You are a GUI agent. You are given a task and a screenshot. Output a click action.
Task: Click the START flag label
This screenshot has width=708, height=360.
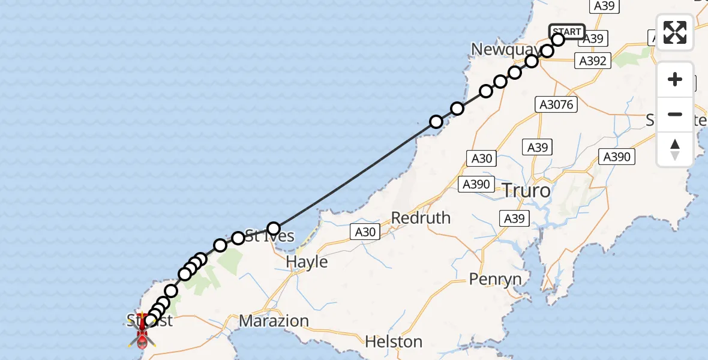(x=566, y=32)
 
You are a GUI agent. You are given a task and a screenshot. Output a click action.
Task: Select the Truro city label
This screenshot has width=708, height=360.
(x=526, y=191)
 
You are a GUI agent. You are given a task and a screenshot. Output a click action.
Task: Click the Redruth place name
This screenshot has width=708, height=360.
(x=421, y=218)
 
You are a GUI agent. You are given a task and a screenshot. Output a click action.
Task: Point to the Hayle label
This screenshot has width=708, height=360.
(x=307, y=262)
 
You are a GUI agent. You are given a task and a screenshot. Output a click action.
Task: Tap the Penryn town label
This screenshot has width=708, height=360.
(x=495, y=279)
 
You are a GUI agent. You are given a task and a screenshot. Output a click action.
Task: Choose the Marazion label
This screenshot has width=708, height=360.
(x=274, y=321)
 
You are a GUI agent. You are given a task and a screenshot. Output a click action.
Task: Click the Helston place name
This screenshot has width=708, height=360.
(x=394, y=342)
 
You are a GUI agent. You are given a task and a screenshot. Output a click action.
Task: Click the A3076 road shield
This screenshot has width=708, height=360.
(x=556, y=105)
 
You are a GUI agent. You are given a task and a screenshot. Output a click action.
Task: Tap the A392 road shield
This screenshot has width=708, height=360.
(x=593, y=60)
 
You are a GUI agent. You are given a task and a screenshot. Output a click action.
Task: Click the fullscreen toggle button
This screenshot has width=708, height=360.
(x=675, y=32)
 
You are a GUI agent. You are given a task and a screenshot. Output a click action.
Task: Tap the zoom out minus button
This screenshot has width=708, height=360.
(x=675, y=114)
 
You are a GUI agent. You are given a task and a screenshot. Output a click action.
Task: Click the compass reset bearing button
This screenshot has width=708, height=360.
(x=675, y=149)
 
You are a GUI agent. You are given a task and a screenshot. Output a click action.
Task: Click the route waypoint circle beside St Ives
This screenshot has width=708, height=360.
(x=274, y=229)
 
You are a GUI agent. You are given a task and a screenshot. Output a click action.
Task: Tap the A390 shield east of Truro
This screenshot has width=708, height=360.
(x=616, y=157)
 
